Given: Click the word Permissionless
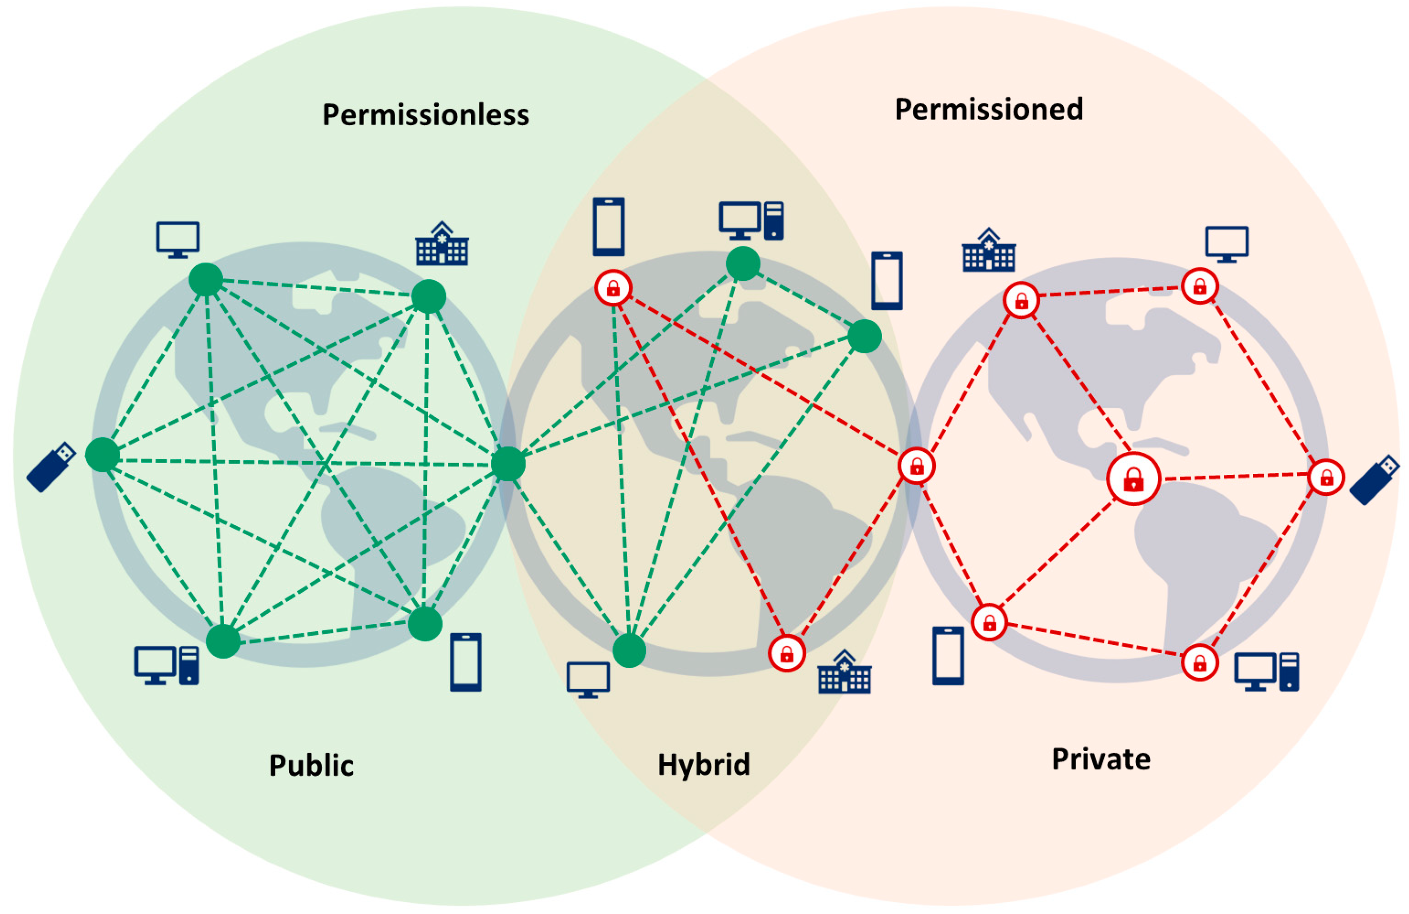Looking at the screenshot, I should point(425,115).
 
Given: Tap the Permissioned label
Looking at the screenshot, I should point(989,110).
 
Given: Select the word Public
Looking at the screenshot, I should point(311,765).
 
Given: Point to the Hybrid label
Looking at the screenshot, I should point(704,764).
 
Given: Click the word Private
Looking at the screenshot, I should point(1101,759).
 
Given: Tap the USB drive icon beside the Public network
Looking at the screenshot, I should point(52,467).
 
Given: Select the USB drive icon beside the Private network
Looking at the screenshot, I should point(1375,480).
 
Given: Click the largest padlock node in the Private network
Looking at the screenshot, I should point(1133,478).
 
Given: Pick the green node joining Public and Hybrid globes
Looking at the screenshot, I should point(508,464).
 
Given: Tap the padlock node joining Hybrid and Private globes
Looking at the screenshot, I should point(916,466).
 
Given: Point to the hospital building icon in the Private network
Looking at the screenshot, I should point(989,251).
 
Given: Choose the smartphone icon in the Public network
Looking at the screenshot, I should point(465,662).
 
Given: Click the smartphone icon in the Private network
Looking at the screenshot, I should point(948,656).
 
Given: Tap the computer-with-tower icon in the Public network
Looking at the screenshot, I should point(166,666).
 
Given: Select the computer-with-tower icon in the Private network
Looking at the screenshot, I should point(1266,672).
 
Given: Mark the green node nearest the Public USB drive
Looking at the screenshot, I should point(103,455).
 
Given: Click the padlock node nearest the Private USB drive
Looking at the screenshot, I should point(1326,477).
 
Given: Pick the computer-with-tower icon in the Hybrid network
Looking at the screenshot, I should point(751,221).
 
